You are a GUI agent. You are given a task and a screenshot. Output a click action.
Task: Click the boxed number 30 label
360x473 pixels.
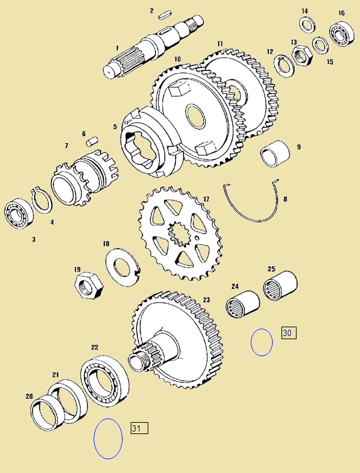(289, 333)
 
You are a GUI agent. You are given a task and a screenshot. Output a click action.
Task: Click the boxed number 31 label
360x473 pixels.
(139, 428)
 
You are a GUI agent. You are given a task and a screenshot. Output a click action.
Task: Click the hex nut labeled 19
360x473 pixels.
(89, 285)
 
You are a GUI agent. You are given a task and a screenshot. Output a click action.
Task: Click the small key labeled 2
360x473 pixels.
(165, 14)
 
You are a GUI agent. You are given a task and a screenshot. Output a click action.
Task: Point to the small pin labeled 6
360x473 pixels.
(92, 142)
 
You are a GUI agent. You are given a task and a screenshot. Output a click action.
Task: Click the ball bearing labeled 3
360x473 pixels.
(19, 214)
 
